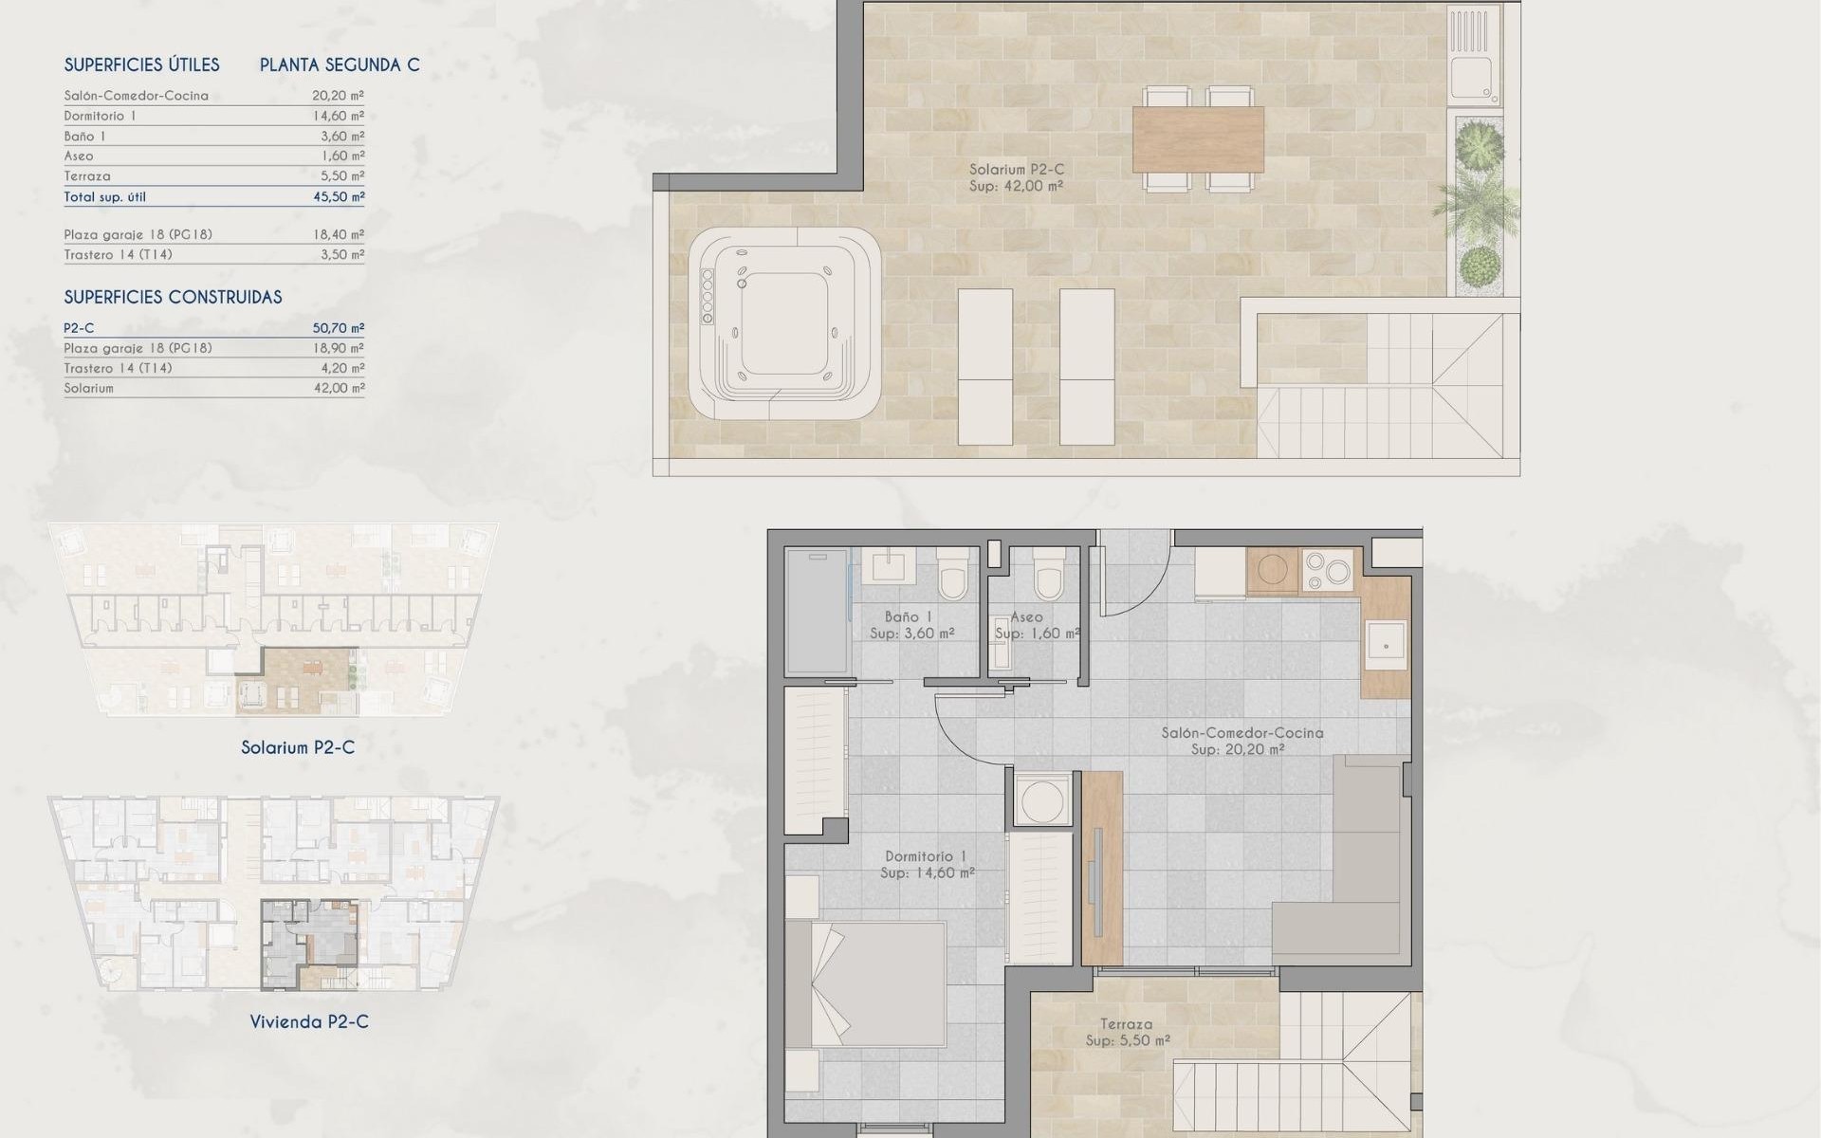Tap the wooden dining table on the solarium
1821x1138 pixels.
[1198, 138]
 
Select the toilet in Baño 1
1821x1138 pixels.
[951, 575]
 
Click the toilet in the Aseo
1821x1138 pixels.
[1047, 575]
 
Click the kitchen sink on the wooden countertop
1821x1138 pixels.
[1386, 646]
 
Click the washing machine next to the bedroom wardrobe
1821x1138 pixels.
[1039, 799]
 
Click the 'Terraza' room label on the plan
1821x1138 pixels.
[1127, 1024]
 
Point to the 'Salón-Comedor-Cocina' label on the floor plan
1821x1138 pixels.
[1242, 733]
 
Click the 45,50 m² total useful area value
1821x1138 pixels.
[338, 197]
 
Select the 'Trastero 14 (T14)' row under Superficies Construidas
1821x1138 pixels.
[119, 368]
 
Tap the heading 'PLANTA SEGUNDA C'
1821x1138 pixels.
[340, 65]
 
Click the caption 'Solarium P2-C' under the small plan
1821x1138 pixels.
[298, 748]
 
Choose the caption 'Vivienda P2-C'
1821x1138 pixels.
[309, 1022]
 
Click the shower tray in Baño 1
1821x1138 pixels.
[817, 611]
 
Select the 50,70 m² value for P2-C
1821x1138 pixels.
[338, 328]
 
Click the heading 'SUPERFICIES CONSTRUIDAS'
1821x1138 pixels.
[173, 298]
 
